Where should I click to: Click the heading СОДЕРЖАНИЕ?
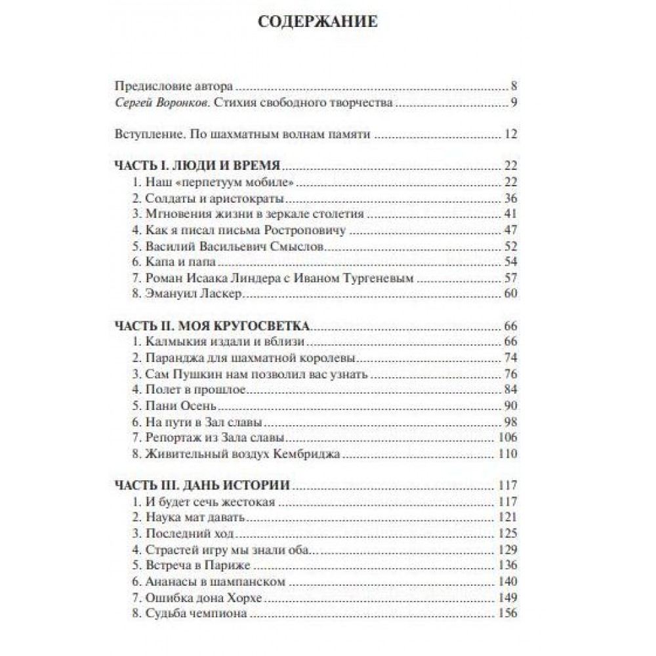pos(318,21)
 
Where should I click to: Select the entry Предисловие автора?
pos(174,87)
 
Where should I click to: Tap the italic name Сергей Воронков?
pos(167,102)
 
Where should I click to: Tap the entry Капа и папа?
pos(168,261)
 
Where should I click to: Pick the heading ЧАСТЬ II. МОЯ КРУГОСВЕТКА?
pos(213,325)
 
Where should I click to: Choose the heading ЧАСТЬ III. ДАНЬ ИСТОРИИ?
pos(203,486)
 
